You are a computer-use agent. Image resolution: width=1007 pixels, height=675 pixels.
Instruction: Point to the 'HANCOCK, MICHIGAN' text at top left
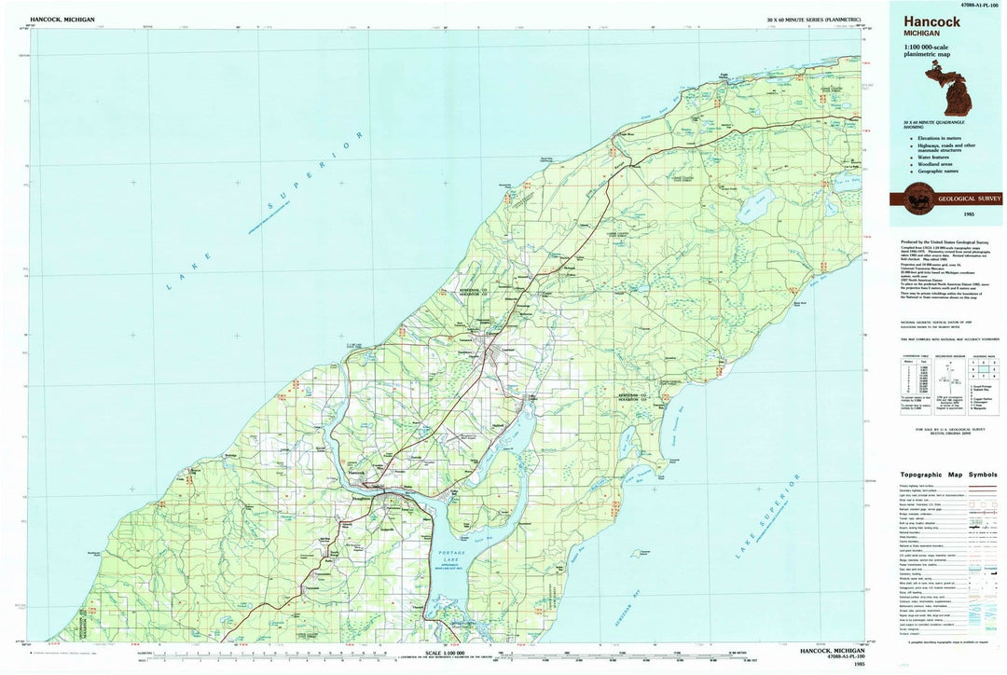pyautogui.click(x=62, y=20)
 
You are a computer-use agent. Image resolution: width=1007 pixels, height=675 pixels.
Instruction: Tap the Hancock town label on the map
pyautogui.click(x=357, y=473)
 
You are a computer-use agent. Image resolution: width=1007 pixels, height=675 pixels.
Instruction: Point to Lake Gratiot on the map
pyautogui.click(x=754, y=200)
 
